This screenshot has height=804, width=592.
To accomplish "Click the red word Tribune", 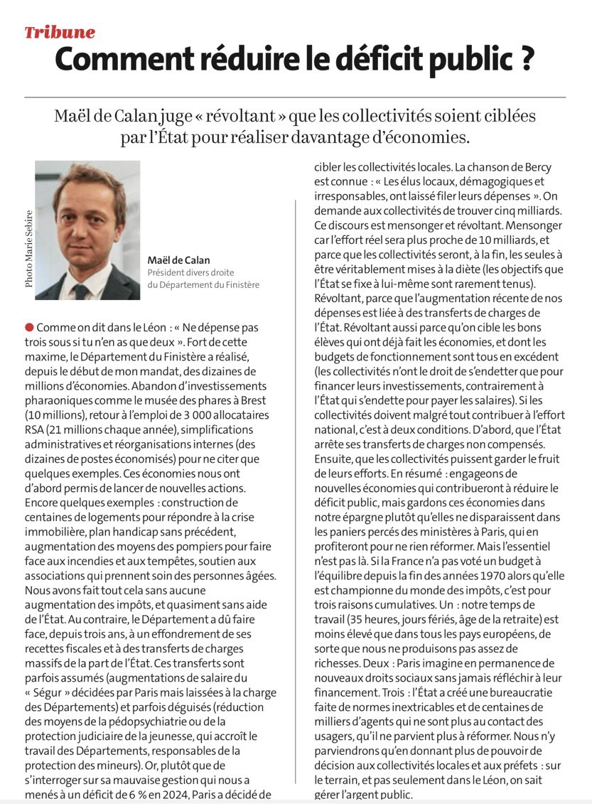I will click(60, 32).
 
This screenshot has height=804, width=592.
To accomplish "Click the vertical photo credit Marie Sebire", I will click(28, 247).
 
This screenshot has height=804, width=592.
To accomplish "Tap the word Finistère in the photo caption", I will click(238, 284).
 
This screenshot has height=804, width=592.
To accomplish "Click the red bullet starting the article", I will click(29, 327).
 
